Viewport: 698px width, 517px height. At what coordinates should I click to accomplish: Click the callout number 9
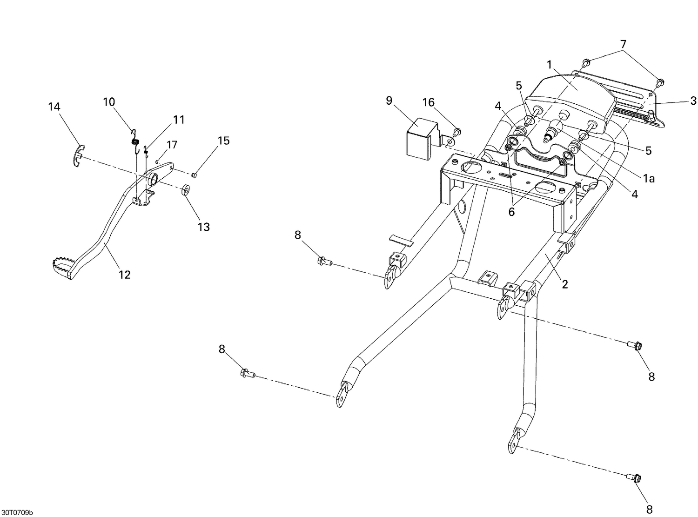tap(389, 101)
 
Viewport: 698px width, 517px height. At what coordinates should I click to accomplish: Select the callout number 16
tap(429, 102)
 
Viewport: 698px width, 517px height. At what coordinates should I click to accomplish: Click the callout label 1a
tap(649, 178)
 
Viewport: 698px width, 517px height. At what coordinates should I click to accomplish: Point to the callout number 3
tap(693, 101)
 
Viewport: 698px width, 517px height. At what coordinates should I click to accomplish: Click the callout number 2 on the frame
tap(565, 284)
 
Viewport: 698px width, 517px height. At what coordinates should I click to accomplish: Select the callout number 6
tap(511, 211)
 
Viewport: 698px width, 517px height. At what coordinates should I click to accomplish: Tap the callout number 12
tap(124, 275)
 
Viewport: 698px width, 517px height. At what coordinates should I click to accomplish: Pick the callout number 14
tap(54, 107)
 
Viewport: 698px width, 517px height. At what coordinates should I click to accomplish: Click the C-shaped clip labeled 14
tap(79, 155)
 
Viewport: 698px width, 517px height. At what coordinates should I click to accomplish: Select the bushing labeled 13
tap(186, 190)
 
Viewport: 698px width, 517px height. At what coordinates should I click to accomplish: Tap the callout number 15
tap(224, 141)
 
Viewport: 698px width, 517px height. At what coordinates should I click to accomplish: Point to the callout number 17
tap(172, 145)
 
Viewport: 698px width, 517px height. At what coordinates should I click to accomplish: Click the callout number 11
tap(179, 120)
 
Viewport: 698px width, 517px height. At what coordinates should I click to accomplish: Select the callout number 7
tap(623, 44)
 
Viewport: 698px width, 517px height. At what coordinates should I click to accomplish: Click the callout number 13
tap(204, 227)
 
